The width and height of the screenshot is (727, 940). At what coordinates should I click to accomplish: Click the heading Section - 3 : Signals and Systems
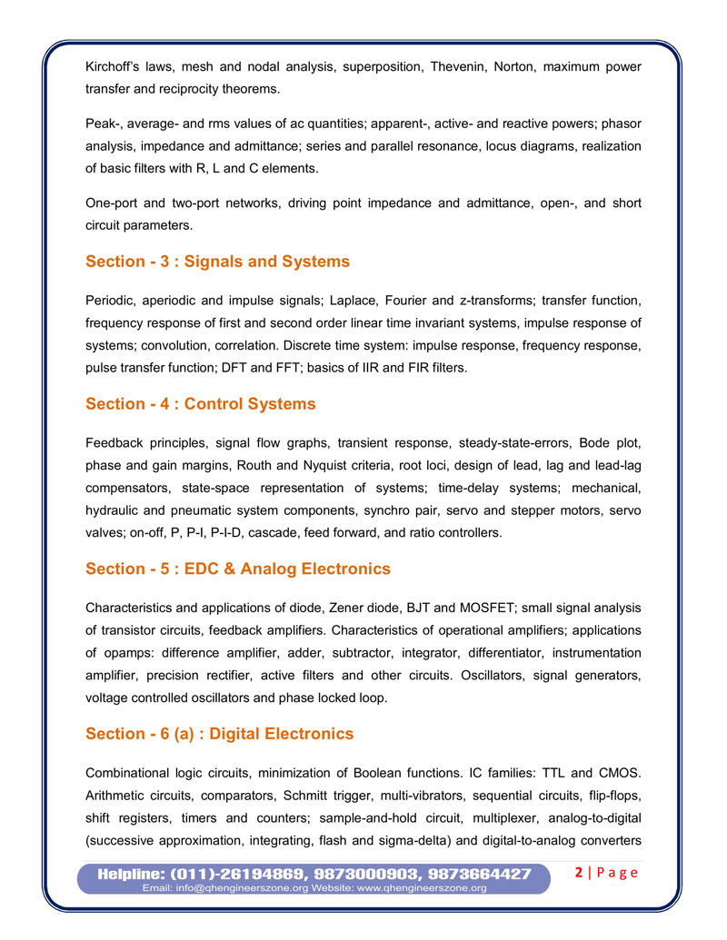coord(217,262)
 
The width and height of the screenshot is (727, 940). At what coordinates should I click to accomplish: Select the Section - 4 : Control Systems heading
coord(201,403)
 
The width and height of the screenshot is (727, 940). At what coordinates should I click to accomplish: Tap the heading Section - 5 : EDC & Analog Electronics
coord(238,569)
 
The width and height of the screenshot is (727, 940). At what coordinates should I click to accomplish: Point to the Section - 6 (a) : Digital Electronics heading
coord(219,734)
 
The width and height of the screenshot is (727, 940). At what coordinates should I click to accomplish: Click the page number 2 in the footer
coord(580,873)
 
